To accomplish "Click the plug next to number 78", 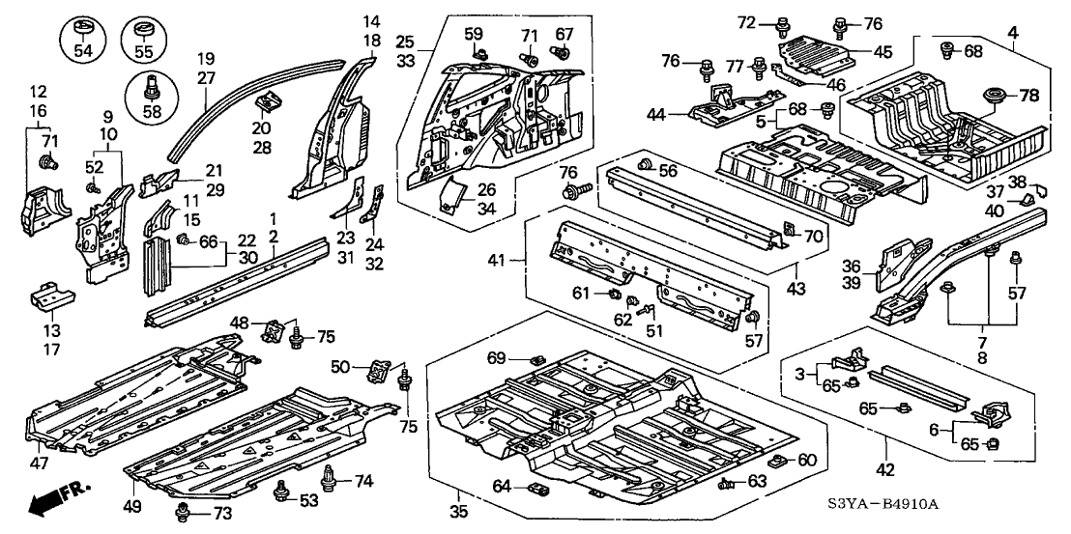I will coord(993,98).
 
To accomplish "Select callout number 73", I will coord(222,513).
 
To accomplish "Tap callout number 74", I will coord(363,480).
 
